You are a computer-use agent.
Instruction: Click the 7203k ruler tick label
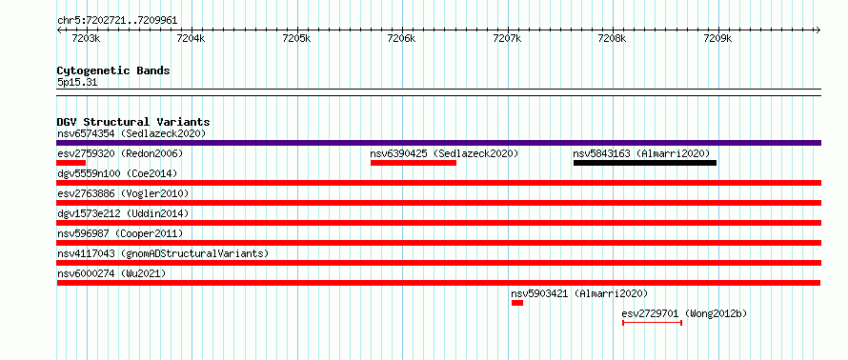86,39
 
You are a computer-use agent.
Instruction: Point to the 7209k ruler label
717,39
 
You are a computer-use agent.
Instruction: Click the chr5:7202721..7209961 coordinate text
117,21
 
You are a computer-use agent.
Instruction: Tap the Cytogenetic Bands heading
113,70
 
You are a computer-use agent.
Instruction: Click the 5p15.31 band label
77,83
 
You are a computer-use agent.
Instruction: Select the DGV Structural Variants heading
133,122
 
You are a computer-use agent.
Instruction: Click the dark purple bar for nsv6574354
438,143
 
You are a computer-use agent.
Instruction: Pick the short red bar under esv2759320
71,163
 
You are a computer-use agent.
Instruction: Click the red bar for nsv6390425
414,163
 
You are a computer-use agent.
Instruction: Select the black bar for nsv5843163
645,163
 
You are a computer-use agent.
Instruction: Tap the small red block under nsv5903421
517,303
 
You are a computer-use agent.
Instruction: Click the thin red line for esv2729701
653,323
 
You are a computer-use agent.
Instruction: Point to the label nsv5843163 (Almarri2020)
641,153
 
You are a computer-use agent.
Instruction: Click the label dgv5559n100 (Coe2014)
117,173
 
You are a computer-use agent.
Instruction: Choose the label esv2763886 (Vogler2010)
123,193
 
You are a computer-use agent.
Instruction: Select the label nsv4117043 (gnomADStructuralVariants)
163,253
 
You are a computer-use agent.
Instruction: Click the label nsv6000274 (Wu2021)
111,273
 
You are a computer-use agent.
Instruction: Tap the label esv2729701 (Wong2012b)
684,313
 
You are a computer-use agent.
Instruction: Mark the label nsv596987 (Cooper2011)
120,233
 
